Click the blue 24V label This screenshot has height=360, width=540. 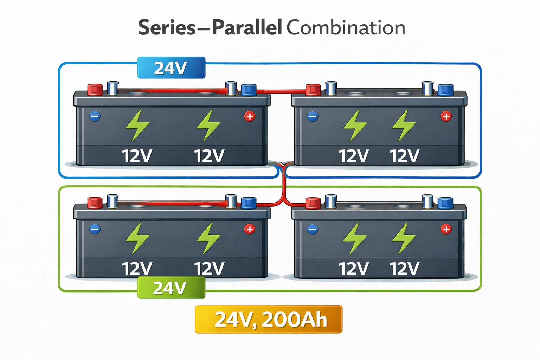[x=171, y=67]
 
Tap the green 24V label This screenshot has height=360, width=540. [x=171, y=288]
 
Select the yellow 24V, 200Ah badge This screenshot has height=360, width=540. [x=269, y=319]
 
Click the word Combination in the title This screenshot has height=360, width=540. [x=346, y=27]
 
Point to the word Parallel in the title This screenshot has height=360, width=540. [x=247, y=27]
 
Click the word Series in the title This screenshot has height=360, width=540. [x=167, y=27]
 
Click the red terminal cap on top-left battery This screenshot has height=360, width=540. [x=95, y=89]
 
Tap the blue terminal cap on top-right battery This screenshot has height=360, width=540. [x=445, y=90]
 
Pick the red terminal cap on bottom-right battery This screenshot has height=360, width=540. [x=313, y=203]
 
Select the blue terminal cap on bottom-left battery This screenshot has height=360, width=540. [x=249, y=202]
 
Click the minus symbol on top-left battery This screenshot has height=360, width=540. [x=95, y=116]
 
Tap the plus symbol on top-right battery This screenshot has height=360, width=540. [x=446, y=116]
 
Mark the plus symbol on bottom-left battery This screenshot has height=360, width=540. [x=250, y=229]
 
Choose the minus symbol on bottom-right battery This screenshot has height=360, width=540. [x=313, y=230]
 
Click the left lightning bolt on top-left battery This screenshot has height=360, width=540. [x=137, y=125]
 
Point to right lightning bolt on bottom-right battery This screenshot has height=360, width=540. [x=404, y=238]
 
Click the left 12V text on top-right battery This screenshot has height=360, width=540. [x=353, y=156]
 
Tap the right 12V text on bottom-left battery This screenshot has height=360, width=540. [x=209, y=269]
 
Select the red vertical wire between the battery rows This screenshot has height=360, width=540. [x=283, y=186]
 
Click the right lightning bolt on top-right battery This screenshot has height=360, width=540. [x=404, y=125]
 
